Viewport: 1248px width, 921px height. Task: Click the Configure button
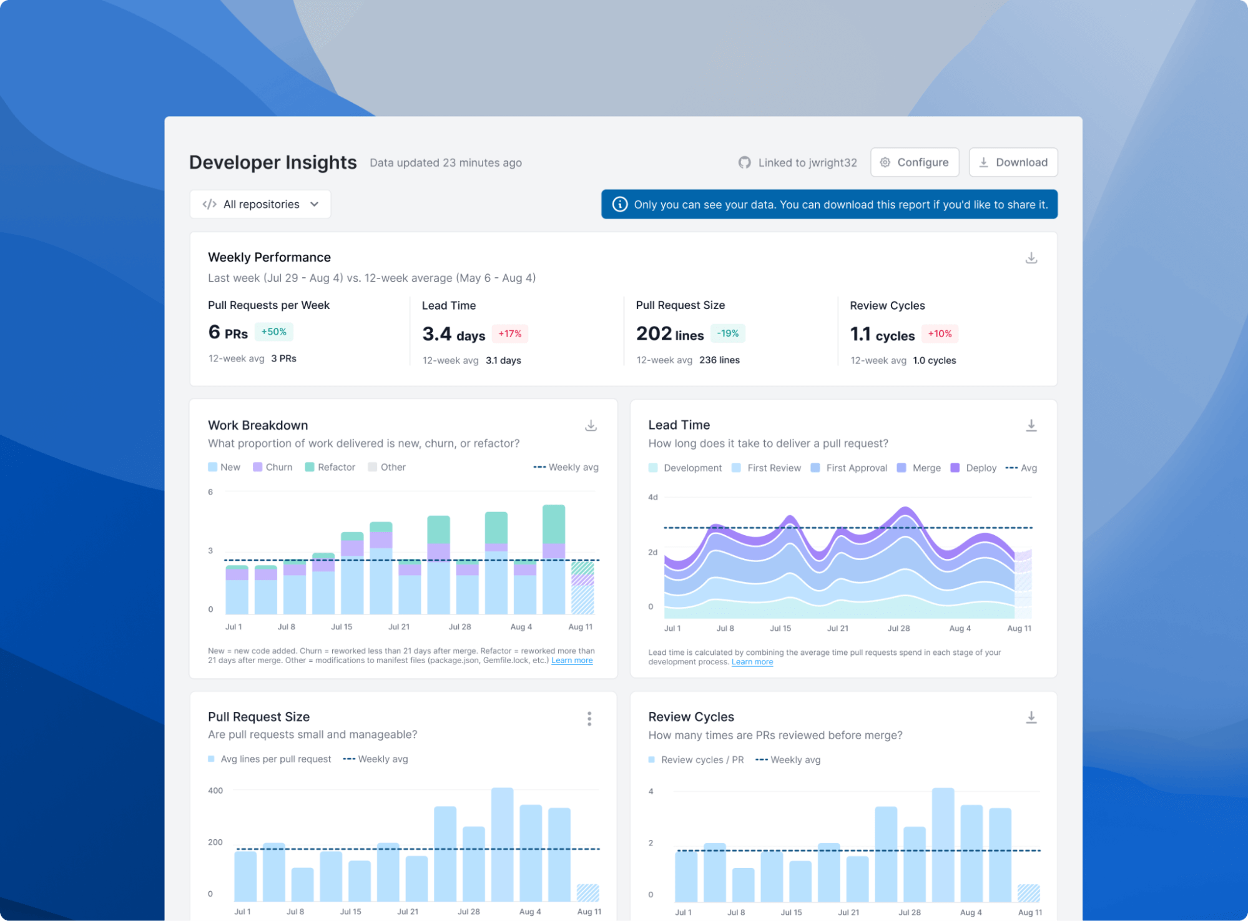[914, 162]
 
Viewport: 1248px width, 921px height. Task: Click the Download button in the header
[1013, 162]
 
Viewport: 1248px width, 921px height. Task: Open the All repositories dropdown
[260, 204]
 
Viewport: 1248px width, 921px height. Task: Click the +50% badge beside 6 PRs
[273, 332]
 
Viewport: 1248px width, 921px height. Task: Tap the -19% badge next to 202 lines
[727, 333]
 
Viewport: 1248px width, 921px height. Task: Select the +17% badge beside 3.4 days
[509, 333]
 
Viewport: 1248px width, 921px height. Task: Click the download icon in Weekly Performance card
[1031, 258]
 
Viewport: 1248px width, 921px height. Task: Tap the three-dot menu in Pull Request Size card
[589, 719]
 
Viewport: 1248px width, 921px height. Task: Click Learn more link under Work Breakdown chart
[571, 661]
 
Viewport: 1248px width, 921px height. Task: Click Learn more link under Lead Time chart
[752, 662]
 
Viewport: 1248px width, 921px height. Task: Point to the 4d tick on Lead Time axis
[652, 498]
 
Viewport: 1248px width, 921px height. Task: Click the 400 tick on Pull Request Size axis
[215, 790]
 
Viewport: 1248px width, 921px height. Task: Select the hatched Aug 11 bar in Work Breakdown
[582, 587]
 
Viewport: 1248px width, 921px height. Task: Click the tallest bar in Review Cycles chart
[943, 844]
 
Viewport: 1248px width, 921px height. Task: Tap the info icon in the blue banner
[619, 204]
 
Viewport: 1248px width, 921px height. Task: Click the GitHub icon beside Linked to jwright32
[744, 162]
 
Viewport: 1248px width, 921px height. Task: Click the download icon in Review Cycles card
[1031, 717]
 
